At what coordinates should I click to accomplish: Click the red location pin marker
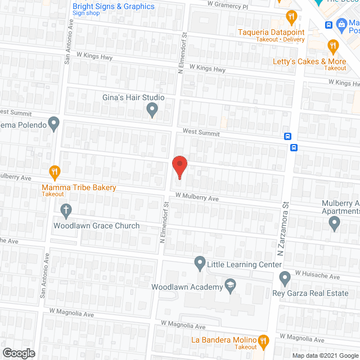(179, 166)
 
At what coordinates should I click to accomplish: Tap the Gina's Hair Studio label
(133, 97)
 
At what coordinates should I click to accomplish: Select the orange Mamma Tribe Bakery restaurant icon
(55, 172)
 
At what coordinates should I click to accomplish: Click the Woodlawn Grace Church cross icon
(66, 211)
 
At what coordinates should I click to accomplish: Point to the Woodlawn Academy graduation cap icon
(229, 286)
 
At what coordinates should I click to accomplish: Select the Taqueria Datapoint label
(272, 32)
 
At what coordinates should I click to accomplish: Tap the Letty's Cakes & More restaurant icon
(333, 46)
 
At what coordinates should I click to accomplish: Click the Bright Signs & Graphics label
(114, 7)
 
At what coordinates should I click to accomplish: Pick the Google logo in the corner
(18, 353)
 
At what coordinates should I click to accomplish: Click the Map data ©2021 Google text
(324, 355)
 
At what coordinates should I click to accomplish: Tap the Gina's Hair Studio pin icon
(152, 111)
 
